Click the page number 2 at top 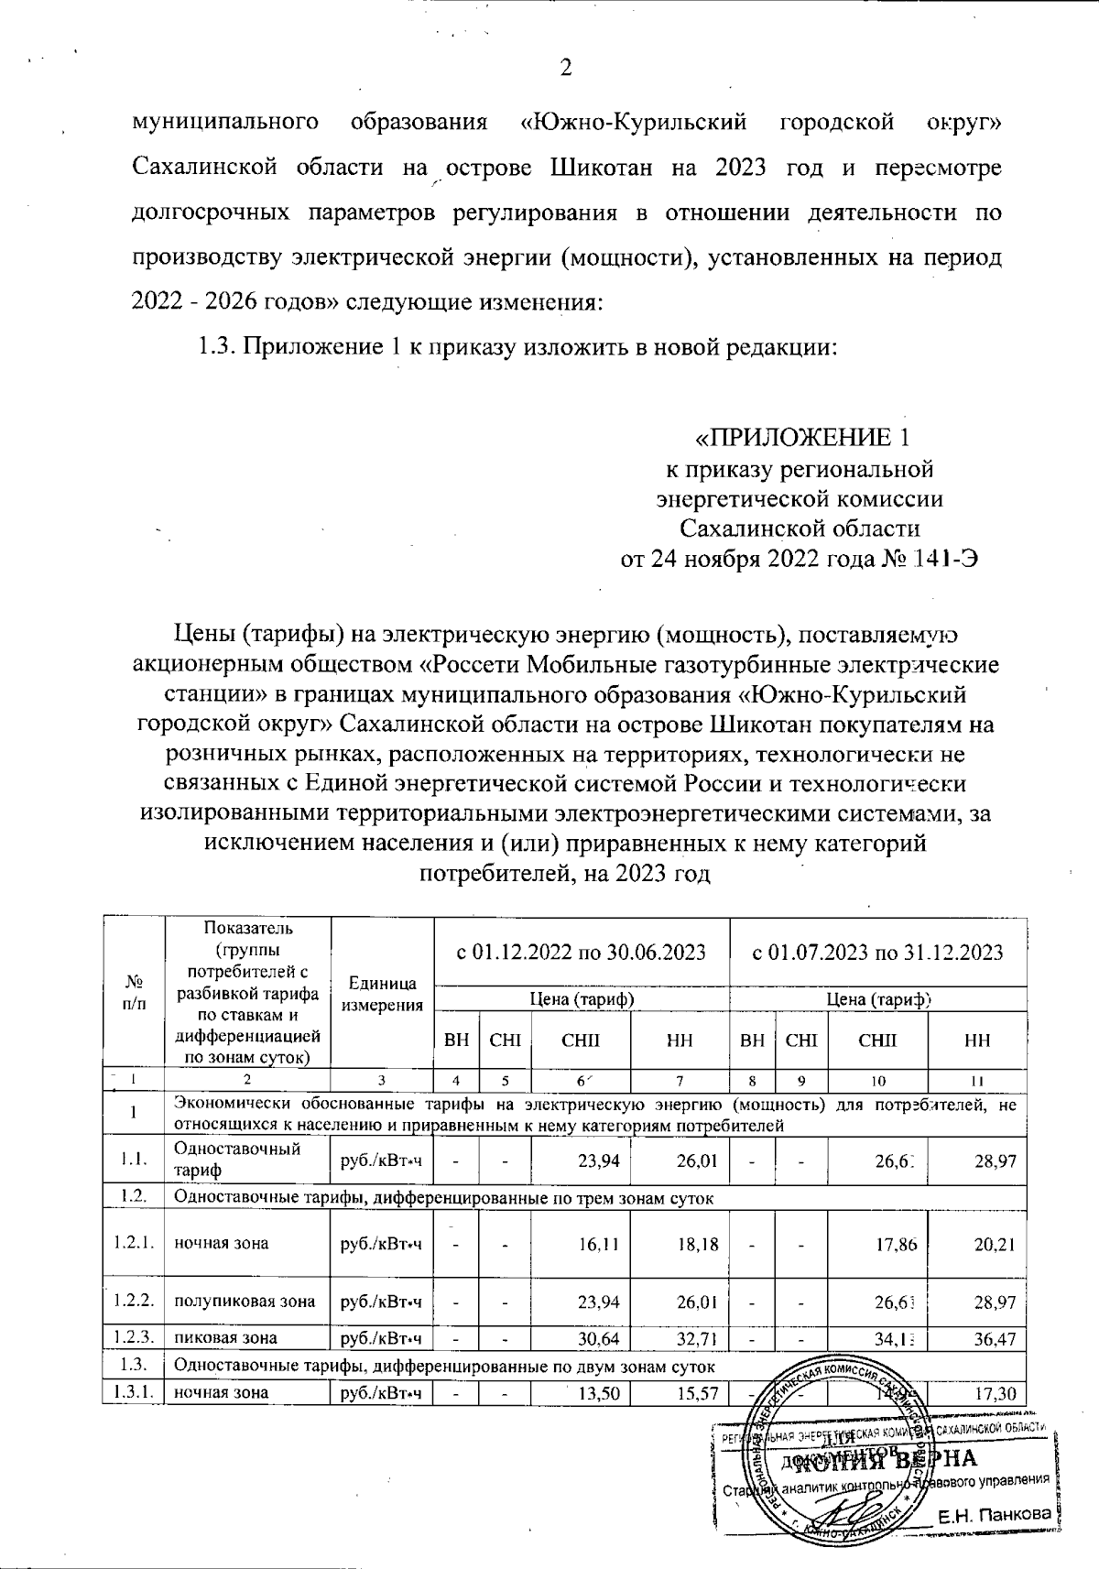pos(565,69)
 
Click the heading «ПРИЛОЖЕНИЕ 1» pos(803,437)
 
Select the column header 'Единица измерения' pos(382,994)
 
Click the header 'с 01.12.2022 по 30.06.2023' pos(582,952)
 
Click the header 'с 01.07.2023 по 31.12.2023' pos(876,952)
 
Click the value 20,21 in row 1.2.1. pos(996,1244)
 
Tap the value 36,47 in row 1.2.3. pos(996,1338)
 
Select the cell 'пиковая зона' pos(225,1338)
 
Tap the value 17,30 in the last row pos(996,1393)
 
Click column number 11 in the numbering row pos(977,1081)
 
